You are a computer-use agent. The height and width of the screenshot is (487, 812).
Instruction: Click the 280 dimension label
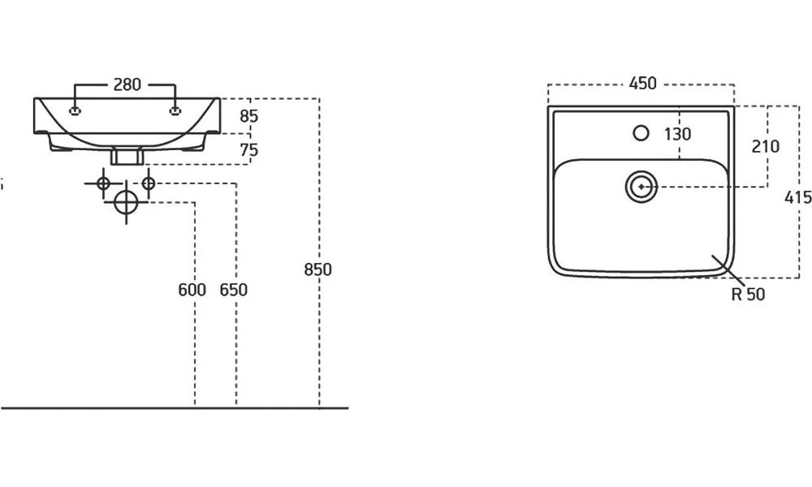[x=126, y=84]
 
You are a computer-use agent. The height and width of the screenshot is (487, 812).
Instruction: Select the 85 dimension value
[x=249, y=116]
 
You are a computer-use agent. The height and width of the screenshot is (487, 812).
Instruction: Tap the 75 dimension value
[x=249, y=149]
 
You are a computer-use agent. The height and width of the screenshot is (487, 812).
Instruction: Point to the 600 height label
[x=192, y=291]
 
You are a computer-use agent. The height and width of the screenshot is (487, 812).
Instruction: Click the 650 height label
[x=233, y=291]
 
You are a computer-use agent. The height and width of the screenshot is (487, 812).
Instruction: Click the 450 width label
[x=641, y=84]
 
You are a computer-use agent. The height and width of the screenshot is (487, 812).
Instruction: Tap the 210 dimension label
[x=765, y=146]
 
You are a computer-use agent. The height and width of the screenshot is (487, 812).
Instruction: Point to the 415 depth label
[x=799, y=197]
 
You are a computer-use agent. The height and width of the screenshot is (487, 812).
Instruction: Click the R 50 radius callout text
[x=748, y=295]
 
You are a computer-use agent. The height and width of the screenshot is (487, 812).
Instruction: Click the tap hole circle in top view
[x=641, y=131]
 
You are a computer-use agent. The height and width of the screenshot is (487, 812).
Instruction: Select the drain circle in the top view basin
[x=641, y=187]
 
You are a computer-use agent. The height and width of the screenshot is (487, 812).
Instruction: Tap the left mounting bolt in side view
[x=76, y=111]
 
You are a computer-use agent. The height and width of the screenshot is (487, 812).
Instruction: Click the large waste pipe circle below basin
[x=126, y=202]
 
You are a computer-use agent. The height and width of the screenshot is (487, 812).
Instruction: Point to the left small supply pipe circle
[x=103, y=183]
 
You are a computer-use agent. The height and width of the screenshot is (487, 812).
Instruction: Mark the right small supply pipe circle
[x=148, y=183]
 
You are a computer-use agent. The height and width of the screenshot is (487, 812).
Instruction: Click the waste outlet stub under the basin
[x=126, y=155]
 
